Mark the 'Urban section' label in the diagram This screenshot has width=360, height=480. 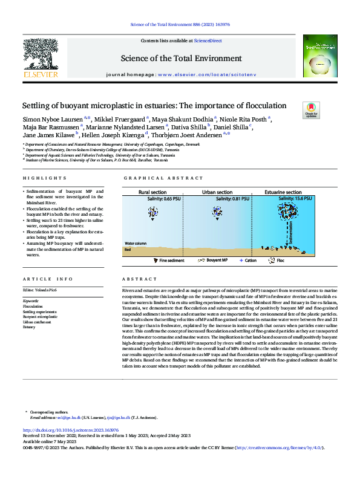217,192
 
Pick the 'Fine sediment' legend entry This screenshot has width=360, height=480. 171,261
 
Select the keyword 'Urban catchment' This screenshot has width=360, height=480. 36,322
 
